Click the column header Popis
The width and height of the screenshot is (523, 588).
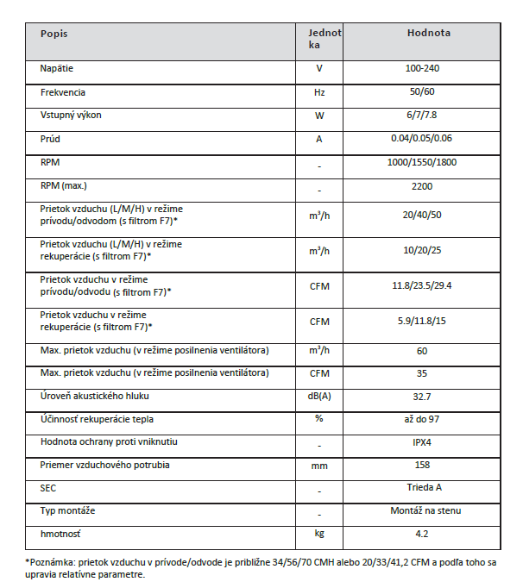[x=54, y=34]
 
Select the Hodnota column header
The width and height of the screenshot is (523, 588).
[x=428, y=34]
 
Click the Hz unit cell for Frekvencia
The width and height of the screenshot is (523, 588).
[x=319, y=91]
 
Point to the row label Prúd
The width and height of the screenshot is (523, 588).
[x=50, y=138]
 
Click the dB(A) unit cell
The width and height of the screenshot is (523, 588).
[x=319, y=397]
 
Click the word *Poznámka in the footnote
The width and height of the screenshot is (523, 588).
[x=50, y=563]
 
